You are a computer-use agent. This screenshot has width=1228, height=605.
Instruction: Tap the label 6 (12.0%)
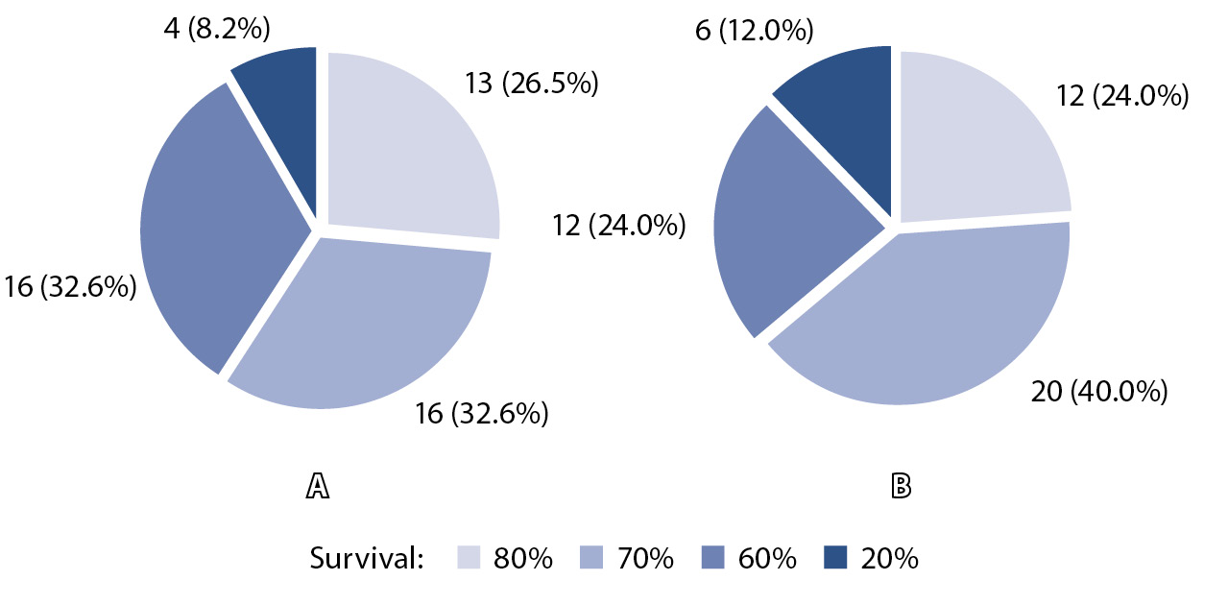pos(753,31)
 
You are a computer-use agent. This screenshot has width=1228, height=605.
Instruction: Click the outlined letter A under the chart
pos(317,487)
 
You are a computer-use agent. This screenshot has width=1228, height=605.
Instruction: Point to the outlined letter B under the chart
pos(901,487)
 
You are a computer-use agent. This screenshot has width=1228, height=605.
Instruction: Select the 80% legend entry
pos(505,558)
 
